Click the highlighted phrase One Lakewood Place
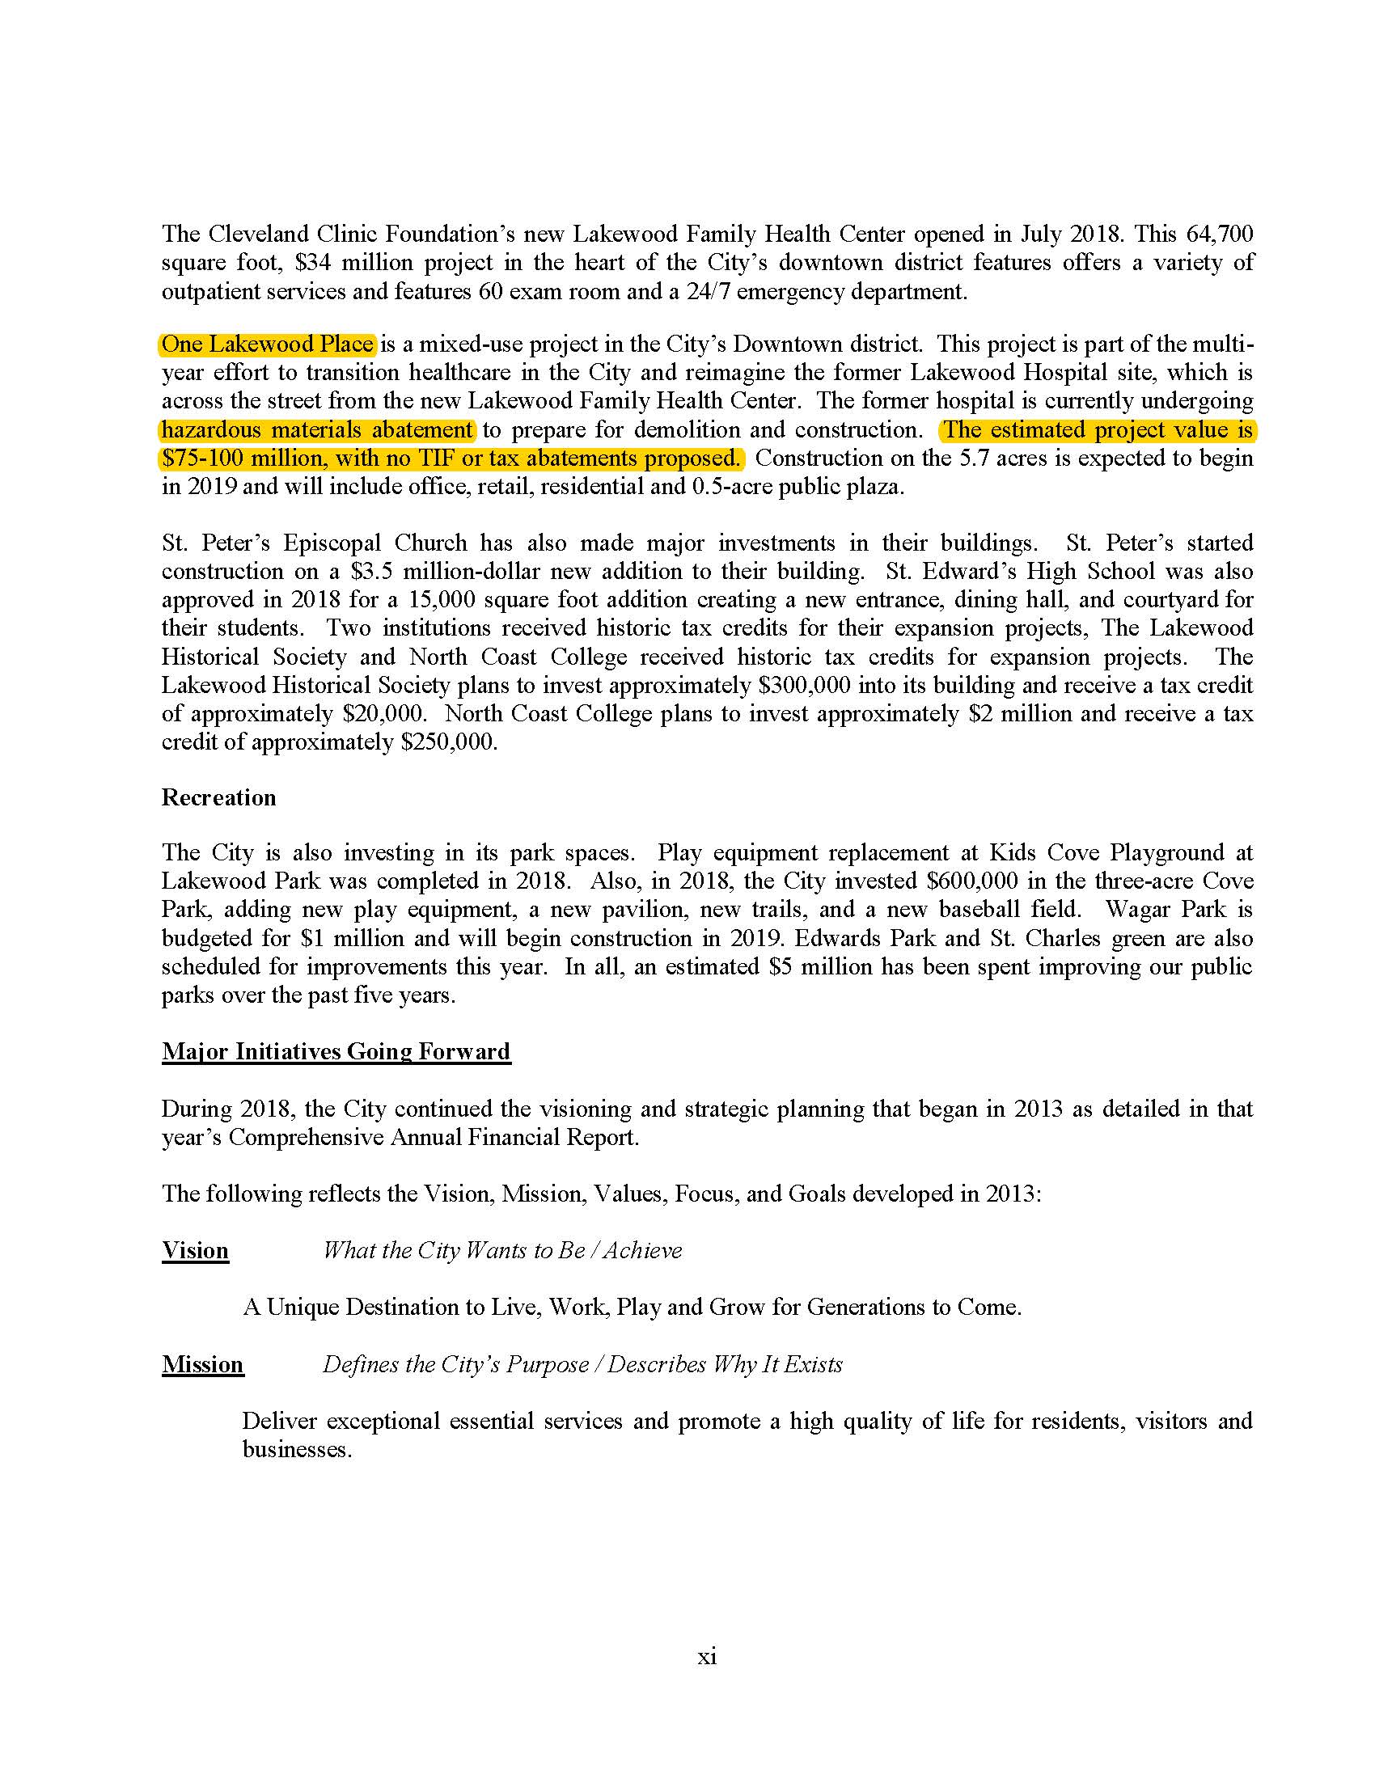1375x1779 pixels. tap(266, 344)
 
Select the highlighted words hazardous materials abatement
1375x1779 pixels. tap(317, 430)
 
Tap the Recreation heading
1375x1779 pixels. tap(218, 797)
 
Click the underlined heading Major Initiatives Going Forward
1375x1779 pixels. tap(336, 1051)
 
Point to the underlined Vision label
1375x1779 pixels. tap(195, 1250)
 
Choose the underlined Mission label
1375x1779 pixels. tap(202, 1364)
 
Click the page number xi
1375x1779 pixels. tap(706, 1656)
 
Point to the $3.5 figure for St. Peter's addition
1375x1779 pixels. tap(370, 572)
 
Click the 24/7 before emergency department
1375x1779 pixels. tap(710, 292)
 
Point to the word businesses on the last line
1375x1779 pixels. tap(296, 1450)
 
